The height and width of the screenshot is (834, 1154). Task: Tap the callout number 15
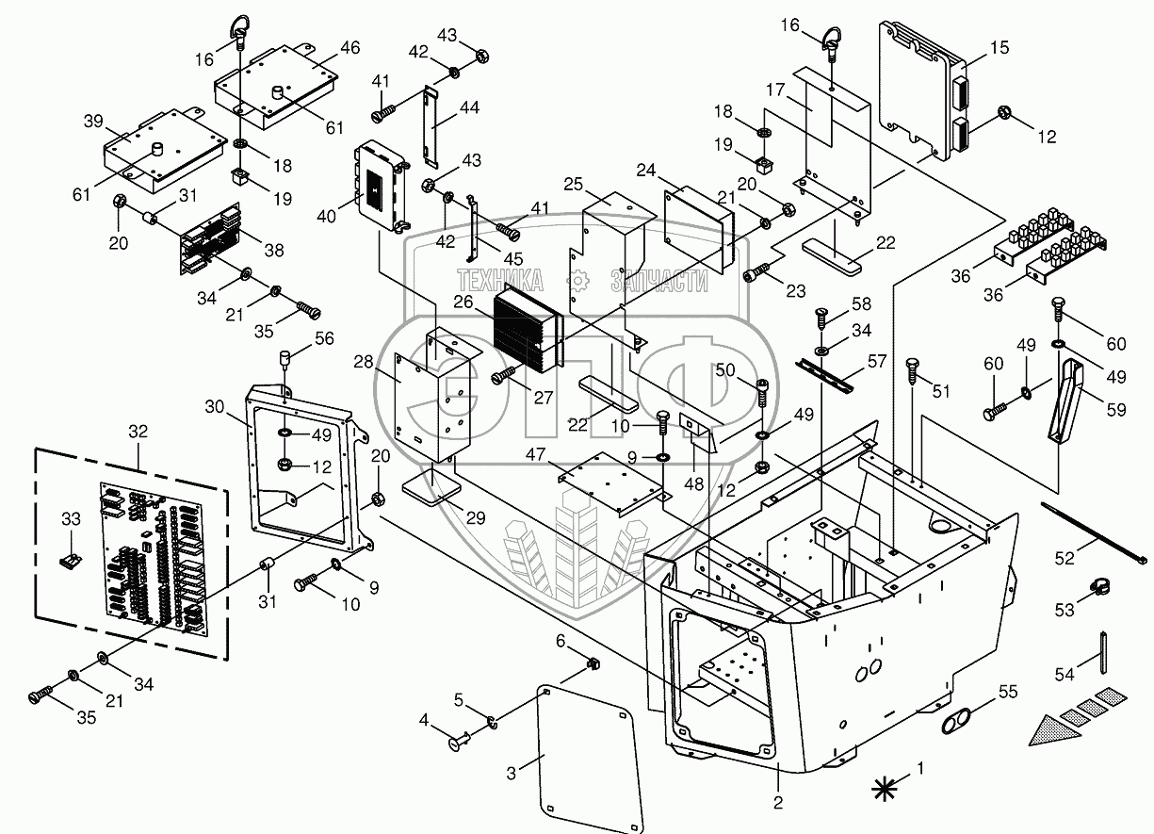pos(1000,46)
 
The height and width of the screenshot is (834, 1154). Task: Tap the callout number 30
pos(215,405)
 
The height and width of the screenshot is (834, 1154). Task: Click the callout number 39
pos(92,122)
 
